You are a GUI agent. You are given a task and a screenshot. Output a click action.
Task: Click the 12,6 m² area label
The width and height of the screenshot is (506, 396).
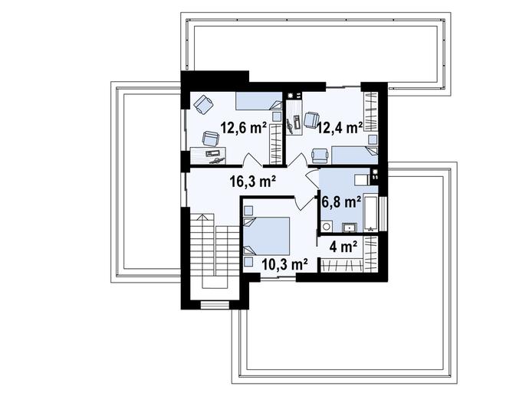pyautogui.click(x=243, y=128)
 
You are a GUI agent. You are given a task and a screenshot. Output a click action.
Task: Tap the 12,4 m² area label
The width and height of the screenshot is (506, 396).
pyautogui.click(x=340, y=128)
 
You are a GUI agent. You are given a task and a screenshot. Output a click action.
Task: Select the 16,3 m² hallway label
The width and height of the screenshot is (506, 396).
pyautogui.click(x=253, y=182)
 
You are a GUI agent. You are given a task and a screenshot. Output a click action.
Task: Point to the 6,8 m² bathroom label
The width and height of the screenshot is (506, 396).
pyautogui.click(x=342, y=202)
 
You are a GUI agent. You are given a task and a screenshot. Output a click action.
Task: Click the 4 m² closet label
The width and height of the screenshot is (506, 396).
pyautogui.click(x=343, y=247)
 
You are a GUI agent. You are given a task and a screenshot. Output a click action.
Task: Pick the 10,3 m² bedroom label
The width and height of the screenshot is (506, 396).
pyautogui.click(x=284, y=264)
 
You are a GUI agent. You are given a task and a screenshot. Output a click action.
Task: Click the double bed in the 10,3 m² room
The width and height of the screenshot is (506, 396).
pyautogui.click(x=267, y=236)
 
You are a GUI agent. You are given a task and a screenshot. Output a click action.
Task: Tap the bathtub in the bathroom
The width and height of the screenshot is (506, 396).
pyautogui.click(x=371, y=212)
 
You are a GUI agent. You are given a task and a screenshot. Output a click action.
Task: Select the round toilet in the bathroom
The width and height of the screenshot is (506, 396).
pyautogui.click(x=327, y=227)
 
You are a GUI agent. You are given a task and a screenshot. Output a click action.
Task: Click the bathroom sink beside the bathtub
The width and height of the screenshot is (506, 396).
pyautogui.click(x=350, y=227)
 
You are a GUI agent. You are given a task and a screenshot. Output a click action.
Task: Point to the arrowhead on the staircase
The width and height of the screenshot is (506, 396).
pyautogui.click(x=202, y=217)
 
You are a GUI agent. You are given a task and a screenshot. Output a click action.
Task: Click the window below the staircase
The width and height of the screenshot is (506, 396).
pyautogui.click(x=215, y=305)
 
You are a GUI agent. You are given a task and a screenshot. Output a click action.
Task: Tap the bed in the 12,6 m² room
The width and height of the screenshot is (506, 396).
pyautogui.click(x=259, y=101)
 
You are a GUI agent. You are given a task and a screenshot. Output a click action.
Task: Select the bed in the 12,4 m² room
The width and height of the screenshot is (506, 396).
pyautogui.click(x=355, y=155)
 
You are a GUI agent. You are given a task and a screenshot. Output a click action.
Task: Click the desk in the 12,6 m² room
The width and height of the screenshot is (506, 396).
pyautogui.click(x=208, y=155)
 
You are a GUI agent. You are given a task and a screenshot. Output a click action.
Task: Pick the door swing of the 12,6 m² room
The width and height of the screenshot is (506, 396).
pyautogui.click(x=252, y=159)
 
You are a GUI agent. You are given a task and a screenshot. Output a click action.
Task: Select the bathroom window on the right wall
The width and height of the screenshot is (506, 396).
pyautogui.click(x=383, y=213)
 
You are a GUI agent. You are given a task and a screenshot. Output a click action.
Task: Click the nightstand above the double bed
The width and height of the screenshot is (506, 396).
pyautogui.click(x=248, y=211)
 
